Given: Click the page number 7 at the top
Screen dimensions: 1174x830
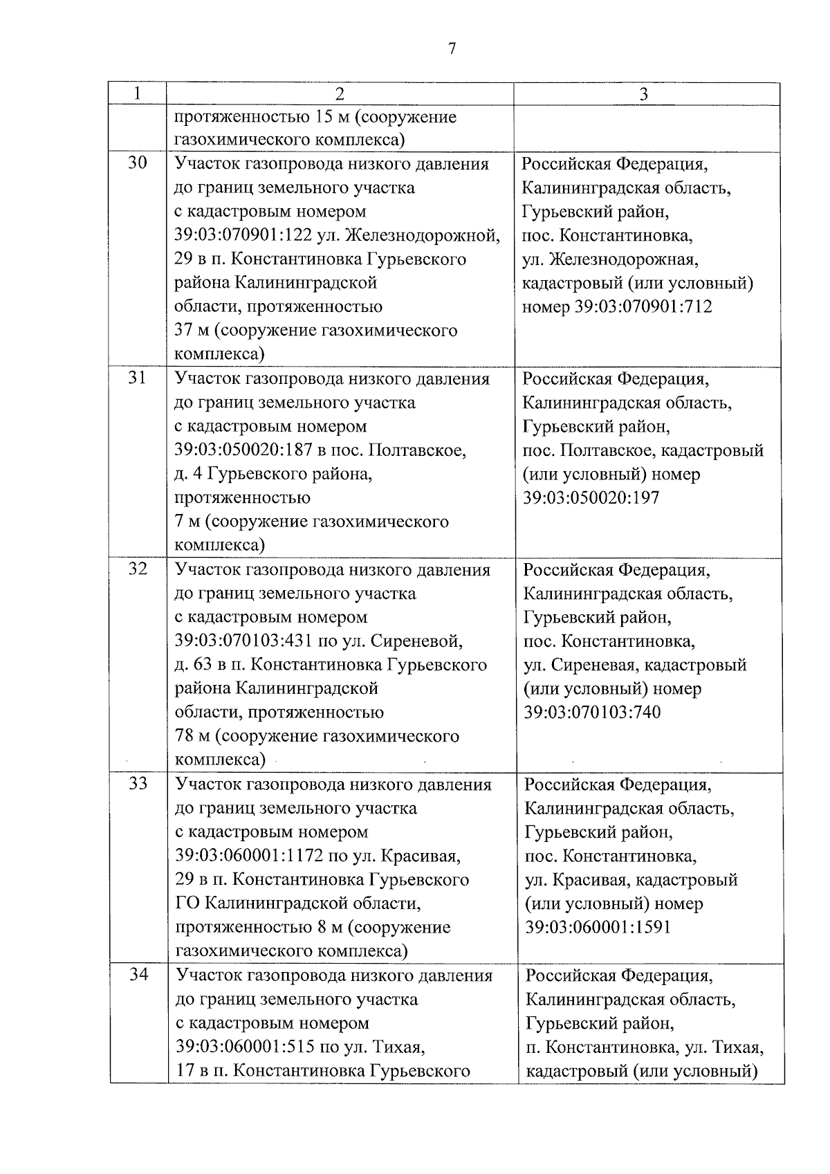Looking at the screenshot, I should pos(452,48).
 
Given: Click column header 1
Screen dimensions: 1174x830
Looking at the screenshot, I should pos(138,93).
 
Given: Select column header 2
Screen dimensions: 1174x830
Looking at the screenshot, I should pos(340,94).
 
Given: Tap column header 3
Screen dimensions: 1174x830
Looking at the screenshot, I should pos(644,94).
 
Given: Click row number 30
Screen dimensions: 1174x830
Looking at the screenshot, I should pos(138,164).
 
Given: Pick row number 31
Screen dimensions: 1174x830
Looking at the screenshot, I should pos(138,378).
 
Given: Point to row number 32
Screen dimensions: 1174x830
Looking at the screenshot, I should pos(138,569).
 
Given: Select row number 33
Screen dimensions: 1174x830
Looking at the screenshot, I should pos(138,784).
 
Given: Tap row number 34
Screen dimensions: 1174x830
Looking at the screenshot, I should pos(139,975).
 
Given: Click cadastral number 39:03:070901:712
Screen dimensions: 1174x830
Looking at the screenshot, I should pos(644,306).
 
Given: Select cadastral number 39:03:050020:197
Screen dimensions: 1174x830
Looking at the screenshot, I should pos(591,497).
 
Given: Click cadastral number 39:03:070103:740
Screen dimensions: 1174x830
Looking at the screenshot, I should pos(592,712).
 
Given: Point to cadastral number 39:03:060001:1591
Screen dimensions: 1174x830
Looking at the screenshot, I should pos(598,927).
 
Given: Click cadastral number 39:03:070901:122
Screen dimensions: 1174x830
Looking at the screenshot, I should pos(242,235).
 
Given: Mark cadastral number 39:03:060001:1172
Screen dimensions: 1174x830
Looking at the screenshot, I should pos(249,856).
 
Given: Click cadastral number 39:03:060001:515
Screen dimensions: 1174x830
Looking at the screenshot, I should pos(243,1047).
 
